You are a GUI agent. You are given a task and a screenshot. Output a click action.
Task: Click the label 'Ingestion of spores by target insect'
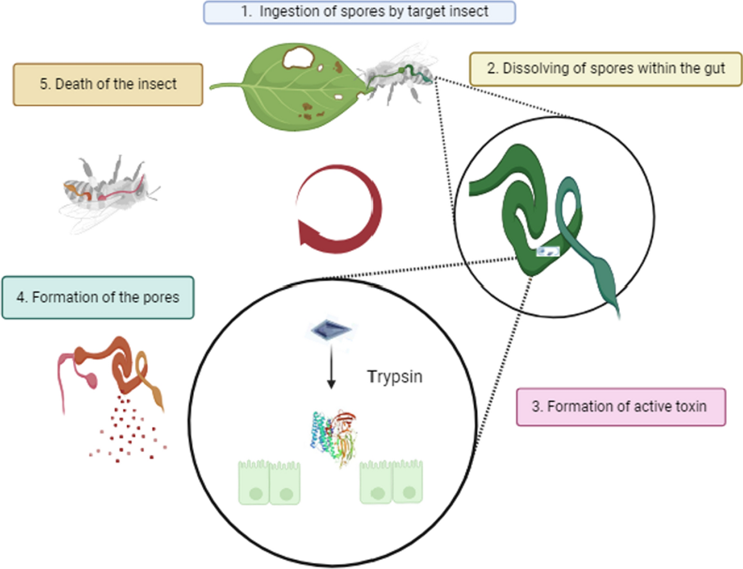click(x=359, y=12)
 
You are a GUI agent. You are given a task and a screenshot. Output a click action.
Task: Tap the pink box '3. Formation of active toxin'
click(x=620, y=407)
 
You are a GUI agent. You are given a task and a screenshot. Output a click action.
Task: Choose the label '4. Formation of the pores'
click(x=98, y=297)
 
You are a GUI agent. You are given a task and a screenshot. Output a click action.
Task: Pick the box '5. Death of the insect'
click(x=108, y=84)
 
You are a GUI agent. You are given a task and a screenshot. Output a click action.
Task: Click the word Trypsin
click(x=394, y=376)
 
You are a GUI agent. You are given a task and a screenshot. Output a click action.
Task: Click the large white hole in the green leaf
click(x=297, y=59)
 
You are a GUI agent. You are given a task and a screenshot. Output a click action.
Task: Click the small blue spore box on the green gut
click(x=547, y=251)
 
